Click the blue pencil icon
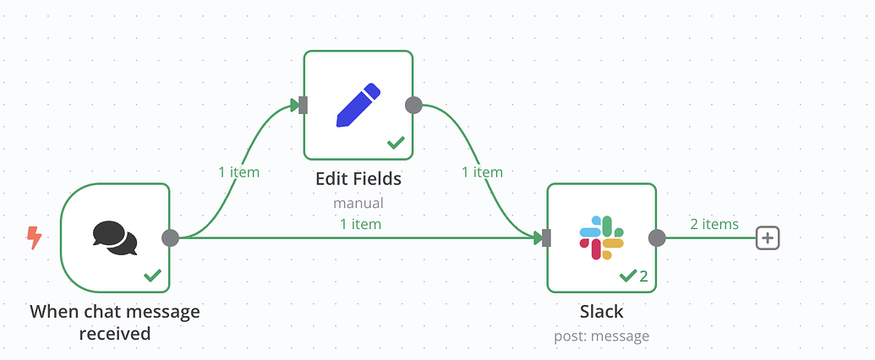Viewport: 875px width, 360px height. (x=358, y=105)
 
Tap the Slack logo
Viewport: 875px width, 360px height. (x=602, y=237)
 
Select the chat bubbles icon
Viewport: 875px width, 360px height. (x=115, y=238)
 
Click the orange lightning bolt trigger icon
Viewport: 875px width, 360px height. (x=35, y=237)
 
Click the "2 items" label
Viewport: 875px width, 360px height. (x=714, y=225)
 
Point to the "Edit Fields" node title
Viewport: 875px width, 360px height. (x=358, y=179)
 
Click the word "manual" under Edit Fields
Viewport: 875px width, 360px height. (x=358, y=203)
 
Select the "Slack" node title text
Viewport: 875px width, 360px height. (x=602, y=312)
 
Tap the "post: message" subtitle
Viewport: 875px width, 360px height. (x=602, y=336)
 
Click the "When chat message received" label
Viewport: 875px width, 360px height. (x=115, y=322)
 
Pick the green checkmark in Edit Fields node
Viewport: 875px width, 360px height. (x=396, y=143)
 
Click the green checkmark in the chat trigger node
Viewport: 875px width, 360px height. (x=152, y=275)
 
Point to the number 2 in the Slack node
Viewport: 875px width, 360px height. (x=643, y=275)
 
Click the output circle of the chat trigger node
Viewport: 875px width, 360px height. (x=170, y=237)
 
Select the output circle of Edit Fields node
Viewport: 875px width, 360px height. (x=413, y=105)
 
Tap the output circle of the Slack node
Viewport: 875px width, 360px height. (x=657, y=237)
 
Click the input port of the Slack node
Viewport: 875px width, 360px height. (x=547, y=237)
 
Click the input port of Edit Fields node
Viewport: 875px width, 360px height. (x=304, y=105)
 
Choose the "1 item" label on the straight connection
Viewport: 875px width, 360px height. (x=360, y=225)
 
